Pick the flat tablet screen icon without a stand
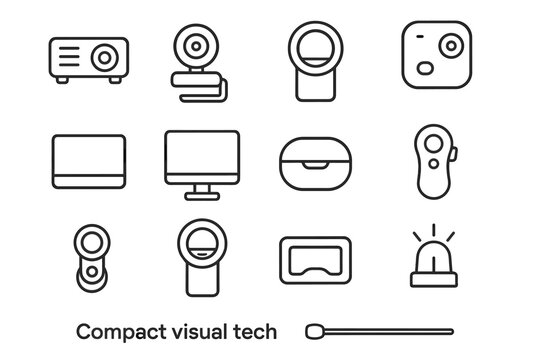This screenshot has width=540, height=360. click(x=88, y=160)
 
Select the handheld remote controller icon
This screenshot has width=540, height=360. click(x=436, y=162)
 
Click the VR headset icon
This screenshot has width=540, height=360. click(x=316, y=260)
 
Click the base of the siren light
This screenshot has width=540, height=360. click(x=436, y=279)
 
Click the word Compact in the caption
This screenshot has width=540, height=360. click(x=115, y=331)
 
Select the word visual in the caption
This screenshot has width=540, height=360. click(x=205, y=331)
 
